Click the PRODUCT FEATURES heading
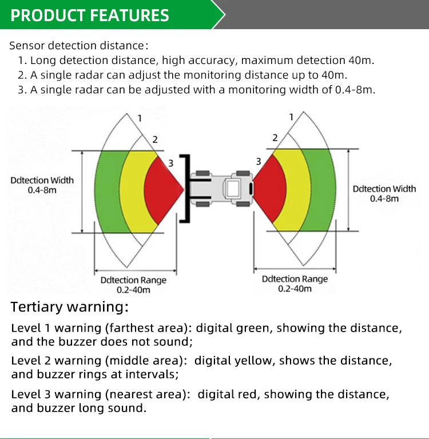click(x=90, y=15)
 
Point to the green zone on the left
click(x=109, y=191)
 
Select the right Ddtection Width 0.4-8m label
click(x=384, y=193)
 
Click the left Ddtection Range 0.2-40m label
click(x=133, y=285)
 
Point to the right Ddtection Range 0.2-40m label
click(x=295, y=284)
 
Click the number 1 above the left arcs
click(x=140, y=118)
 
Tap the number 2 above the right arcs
click(x=275, y=138)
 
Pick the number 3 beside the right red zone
click(x=259, y=162)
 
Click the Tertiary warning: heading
click(x=70, y=307)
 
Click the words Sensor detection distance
click(x=77, y=46)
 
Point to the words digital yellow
click(x=233, y=361)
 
